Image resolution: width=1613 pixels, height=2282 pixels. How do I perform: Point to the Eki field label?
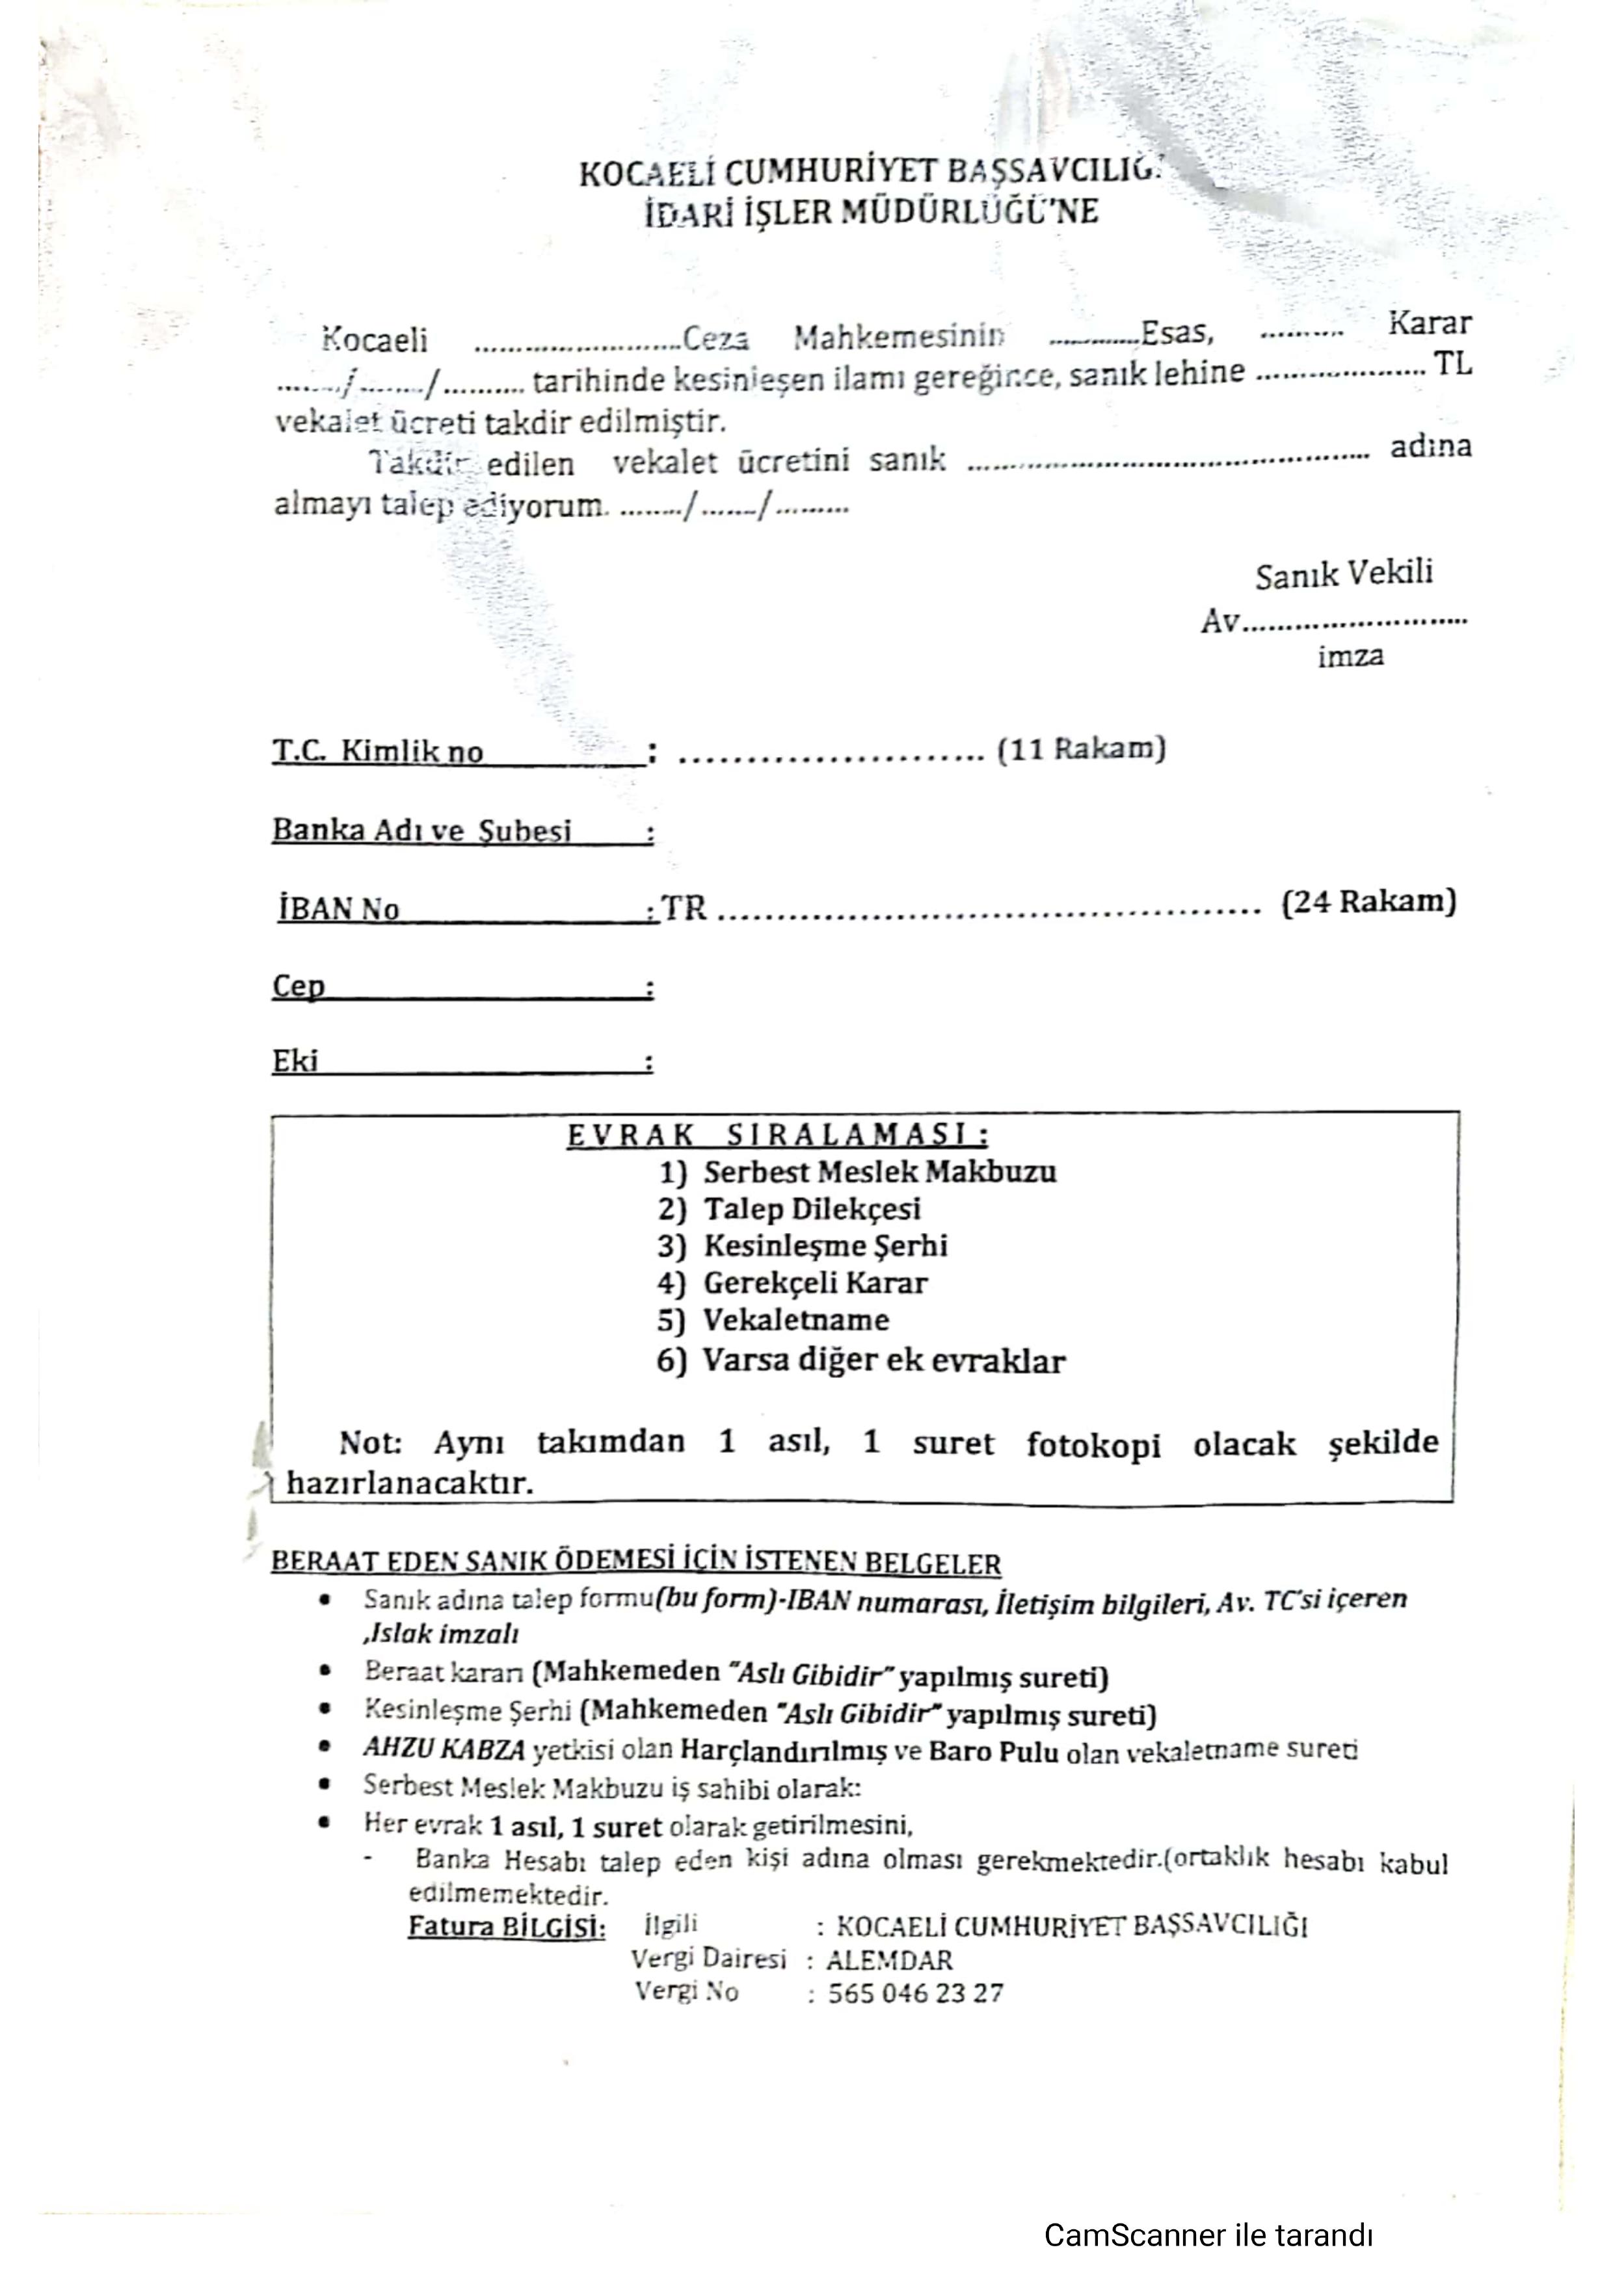coord(295,1061)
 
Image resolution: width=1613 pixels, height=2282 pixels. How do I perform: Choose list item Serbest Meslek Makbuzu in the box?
coord(879,1172)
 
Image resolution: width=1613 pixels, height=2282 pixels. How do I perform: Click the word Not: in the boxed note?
coord(369,1442)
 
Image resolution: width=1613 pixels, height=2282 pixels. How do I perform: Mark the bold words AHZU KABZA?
coord(444,1749)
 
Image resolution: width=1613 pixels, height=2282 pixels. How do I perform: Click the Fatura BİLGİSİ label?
coord(506,1926)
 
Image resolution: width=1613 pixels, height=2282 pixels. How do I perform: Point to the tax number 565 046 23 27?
coord(914,1994)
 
